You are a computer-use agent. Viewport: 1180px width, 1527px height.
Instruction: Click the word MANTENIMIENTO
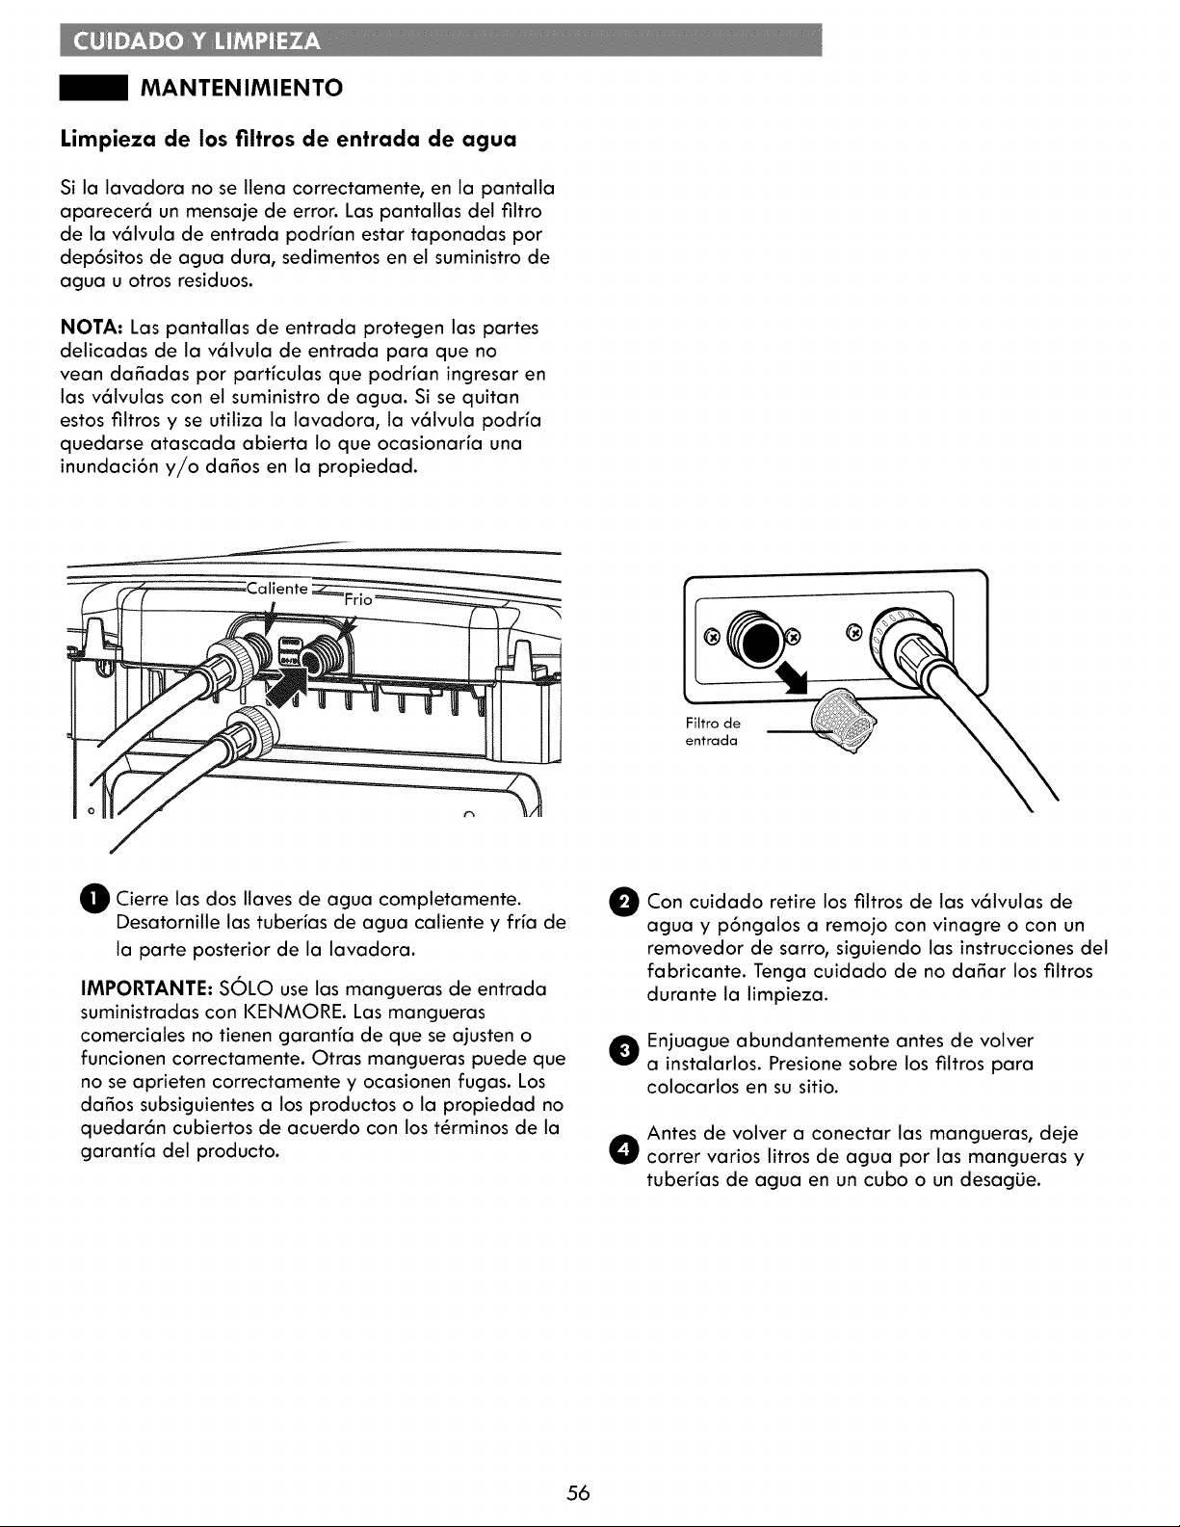point(243,89)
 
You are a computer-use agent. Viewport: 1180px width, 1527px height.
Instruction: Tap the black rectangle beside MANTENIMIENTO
point(92,89)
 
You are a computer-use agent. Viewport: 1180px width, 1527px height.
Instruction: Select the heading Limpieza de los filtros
point(289,139)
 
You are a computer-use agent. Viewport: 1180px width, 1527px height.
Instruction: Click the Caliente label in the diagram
point(276,589)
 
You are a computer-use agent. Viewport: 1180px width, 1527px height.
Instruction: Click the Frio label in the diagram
point(358,599)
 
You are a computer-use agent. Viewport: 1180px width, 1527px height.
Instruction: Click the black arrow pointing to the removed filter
point(790,675)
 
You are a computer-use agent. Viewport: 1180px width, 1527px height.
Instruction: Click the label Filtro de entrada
point(712,731)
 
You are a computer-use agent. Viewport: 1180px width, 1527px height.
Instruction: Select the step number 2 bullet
point(625,902)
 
